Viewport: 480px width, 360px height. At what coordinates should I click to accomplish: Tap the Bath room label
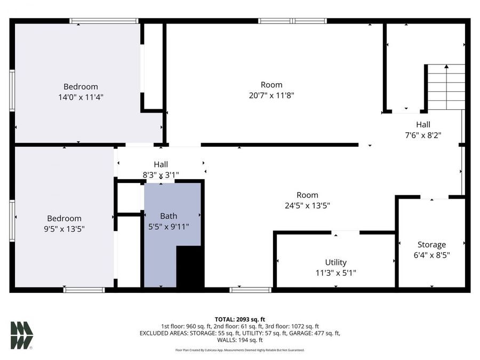click(x=169, y=216)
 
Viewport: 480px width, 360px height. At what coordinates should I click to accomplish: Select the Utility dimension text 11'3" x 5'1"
click(x=335, y=273)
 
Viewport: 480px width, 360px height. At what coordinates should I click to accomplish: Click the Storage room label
click(x=431, y=244)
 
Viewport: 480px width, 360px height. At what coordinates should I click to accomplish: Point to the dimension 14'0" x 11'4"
click(x=81, y=97)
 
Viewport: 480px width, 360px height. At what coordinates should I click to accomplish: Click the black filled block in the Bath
click(x=190, y=267)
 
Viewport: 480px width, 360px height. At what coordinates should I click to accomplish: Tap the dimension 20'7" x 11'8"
click(x=271, y=95)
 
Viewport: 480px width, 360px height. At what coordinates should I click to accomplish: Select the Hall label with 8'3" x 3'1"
click(x=161, y=165)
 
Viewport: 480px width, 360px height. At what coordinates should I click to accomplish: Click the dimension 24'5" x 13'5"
click(x=307, y=205)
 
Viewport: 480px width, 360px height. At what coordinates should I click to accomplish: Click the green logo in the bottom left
click(x=22, y=335)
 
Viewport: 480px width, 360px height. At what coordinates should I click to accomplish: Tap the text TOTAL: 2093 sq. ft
click(x=239, y=319)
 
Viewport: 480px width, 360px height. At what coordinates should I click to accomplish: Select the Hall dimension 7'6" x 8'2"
click(x=423, y=135)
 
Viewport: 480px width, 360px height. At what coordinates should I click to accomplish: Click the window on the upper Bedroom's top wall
click(x=104, y=21)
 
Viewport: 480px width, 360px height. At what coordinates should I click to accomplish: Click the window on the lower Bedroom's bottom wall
click(x=84, y=290)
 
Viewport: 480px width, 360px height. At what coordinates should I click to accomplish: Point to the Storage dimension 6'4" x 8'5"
click(x=431, y=255)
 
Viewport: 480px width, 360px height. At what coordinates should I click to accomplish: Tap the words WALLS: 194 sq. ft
click(x=239, y=340)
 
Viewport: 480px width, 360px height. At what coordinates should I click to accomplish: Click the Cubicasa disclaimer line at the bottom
click(x=239, y=350)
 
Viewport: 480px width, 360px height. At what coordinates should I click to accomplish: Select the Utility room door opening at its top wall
click(x=346, y=232)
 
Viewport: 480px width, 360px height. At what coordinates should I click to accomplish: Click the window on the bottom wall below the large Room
click(x=251, y=290)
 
